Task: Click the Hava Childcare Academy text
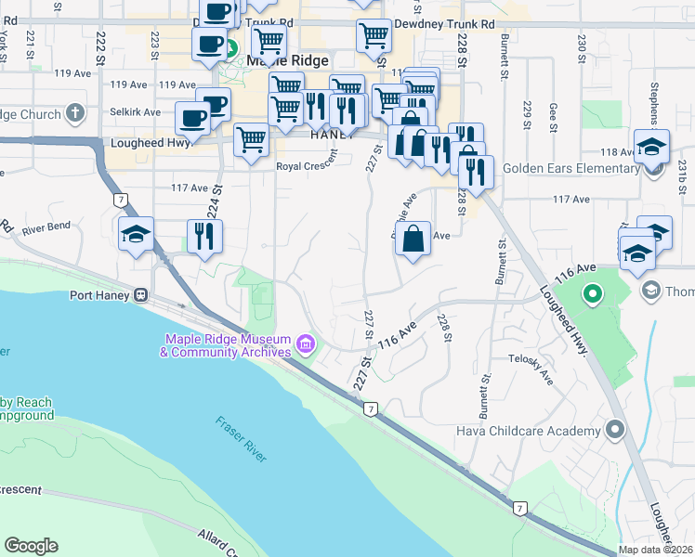click(528, 431)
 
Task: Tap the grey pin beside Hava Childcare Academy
click(614, 430)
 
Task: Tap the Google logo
click(31, 545)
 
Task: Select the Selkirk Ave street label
click(130, 110)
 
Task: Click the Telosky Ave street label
click(531, 369)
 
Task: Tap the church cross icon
click(75, 115)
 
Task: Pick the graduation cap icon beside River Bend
click(137, 235)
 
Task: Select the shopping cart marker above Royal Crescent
click(251, 141)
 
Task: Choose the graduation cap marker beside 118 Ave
click(651, 148)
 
